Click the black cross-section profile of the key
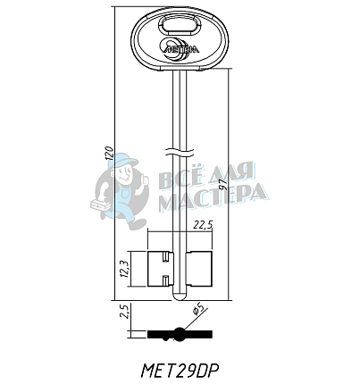point(179,336)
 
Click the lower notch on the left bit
point(167,280)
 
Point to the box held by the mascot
point(100,206)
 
